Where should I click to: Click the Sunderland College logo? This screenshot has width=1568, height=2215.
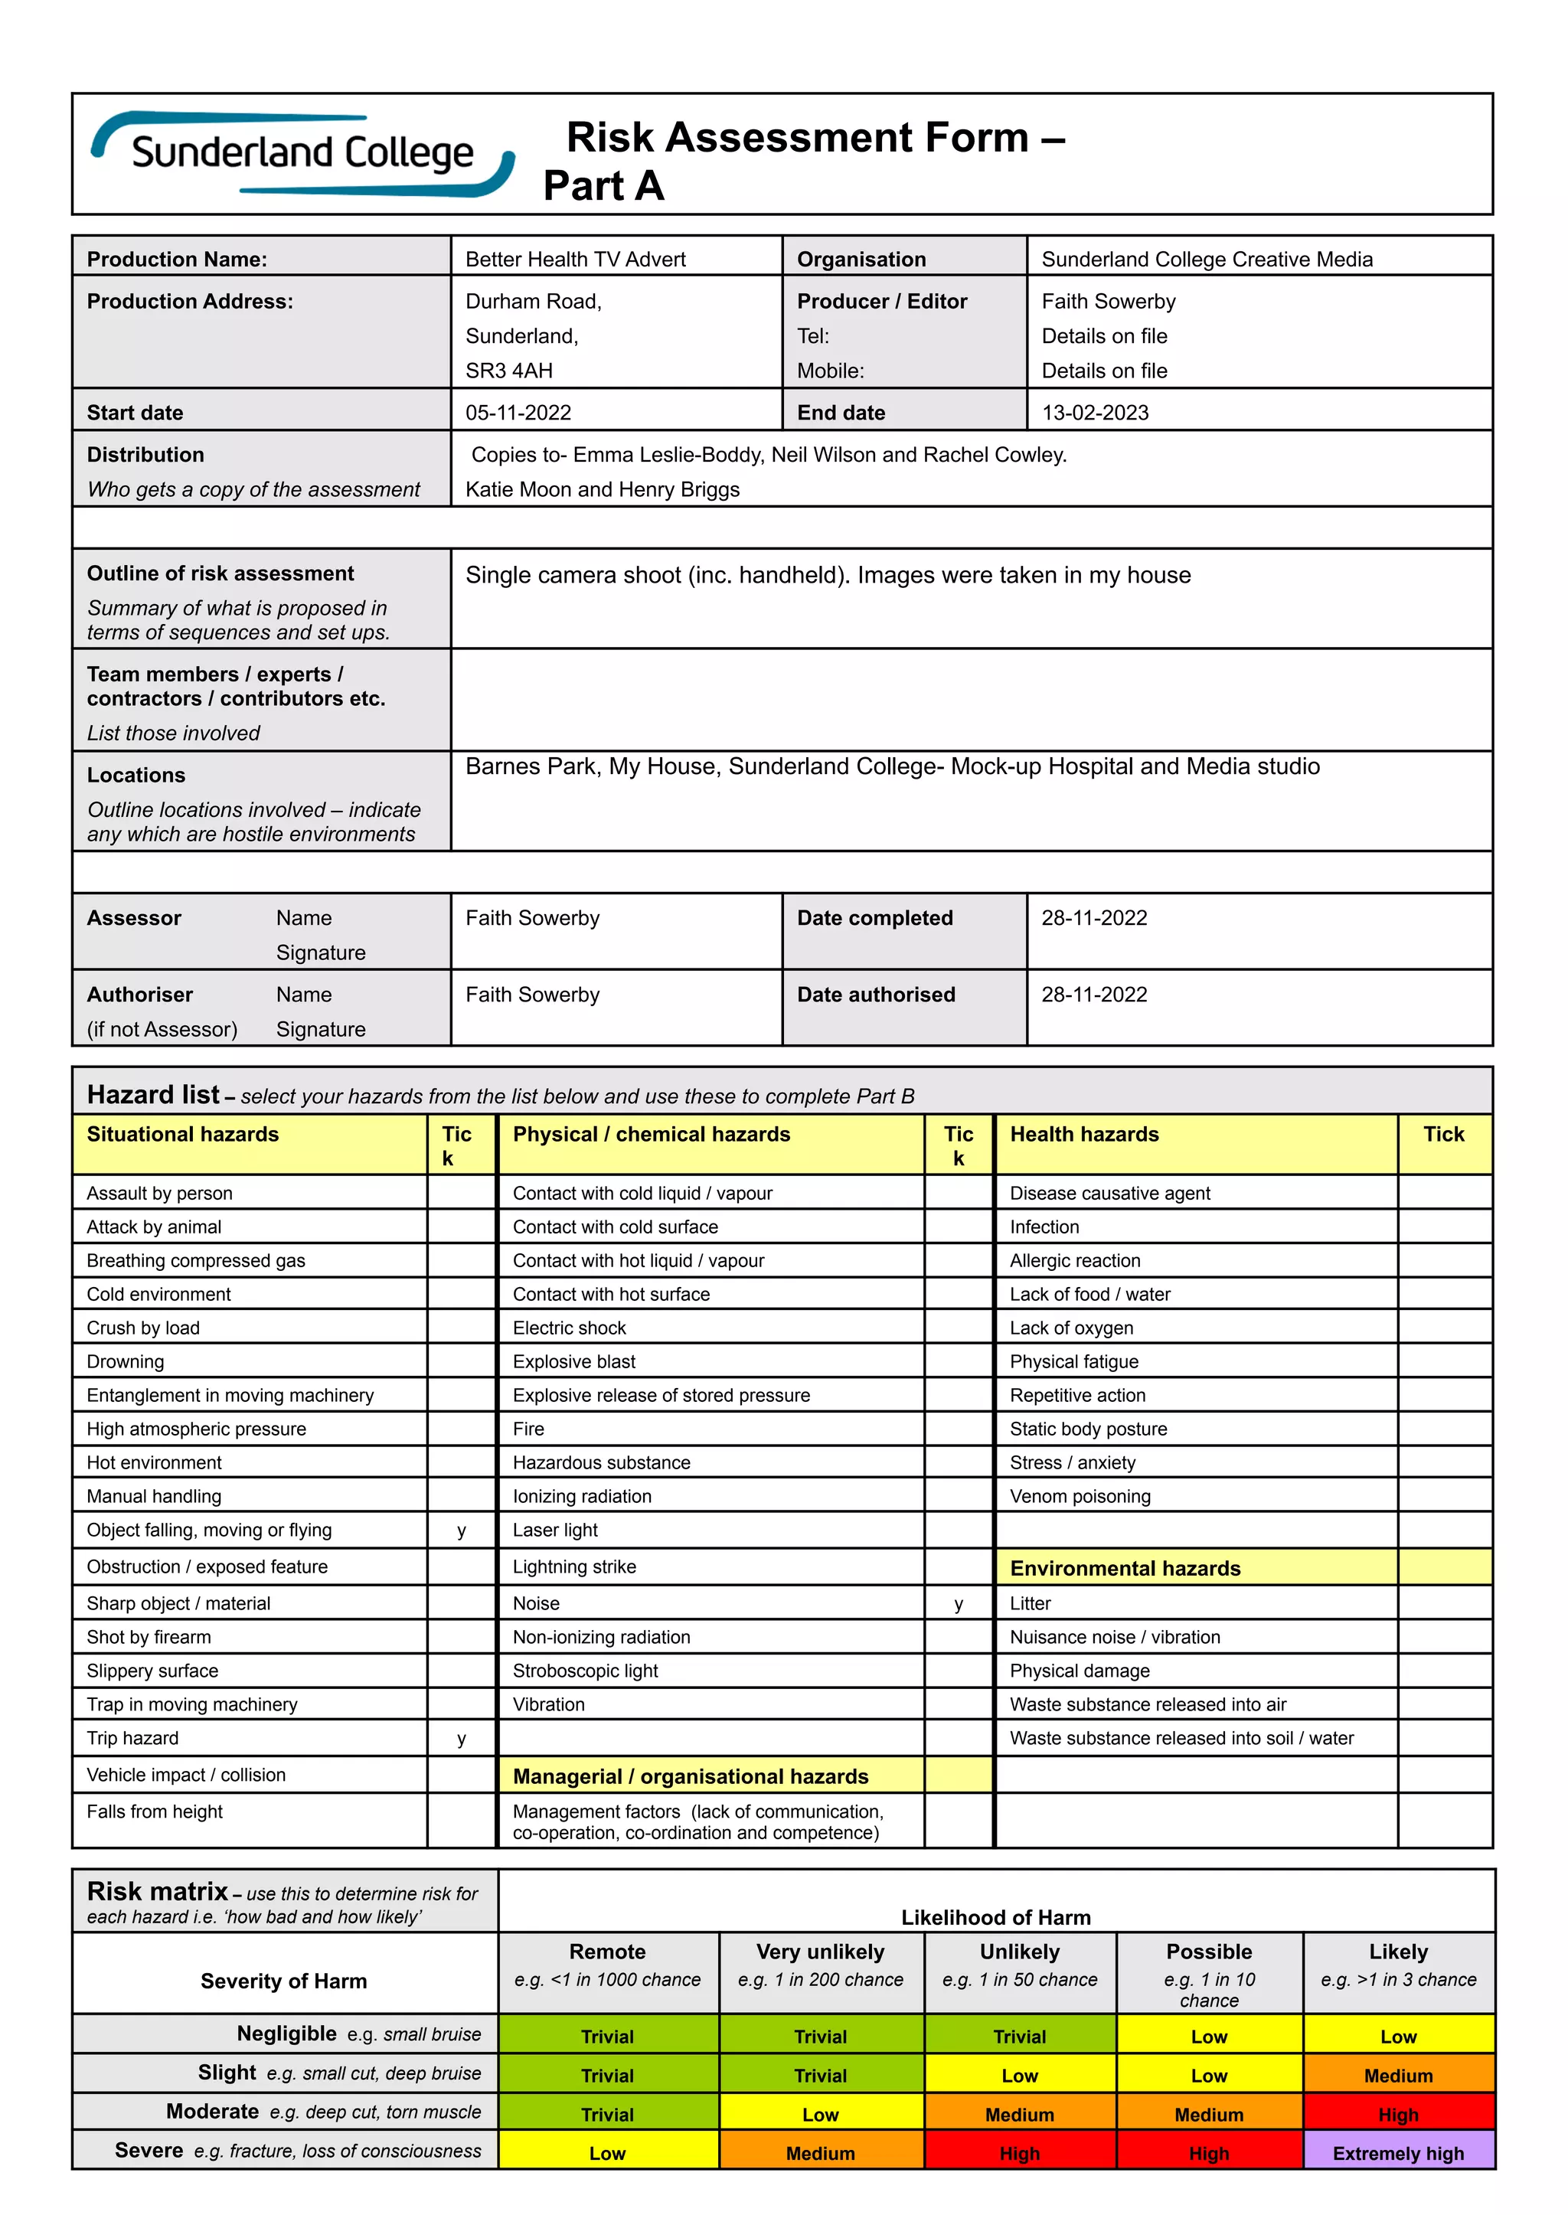pyautogui.click(x=302, y=154)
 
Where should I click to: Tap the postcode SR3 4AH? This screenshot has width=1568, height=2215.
pyautogui.click(x=509, y=371)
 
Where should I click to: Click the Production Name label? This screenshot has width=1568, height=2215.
pyautogui.click(x=177, y=259)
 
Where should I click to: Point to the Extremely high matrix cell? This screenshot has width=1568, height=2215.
pyautogui.click(x=1397, y=2152)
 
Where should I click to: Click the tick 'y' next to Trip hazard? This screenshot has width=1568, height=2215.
pyautogui.click(x=462, y=1738)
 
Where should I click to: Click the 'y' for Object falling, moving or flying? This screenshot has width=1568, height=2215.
pyautogui.click(x=462, y=1531)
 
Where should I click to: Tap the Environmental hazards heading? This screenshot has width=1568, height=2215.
pyautogui.click(x=1125, y=1568)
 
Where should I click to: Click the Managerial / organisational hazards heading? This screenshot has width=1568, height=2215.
pyautogui.click(x=691, y=1776)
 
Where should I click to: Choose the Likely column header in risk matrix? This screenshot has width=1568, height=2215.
pyautogui.click(x=1397, y=1952)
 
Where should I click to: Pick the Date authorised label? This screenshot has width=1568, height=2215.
pyautogui.click(x=876, y=995)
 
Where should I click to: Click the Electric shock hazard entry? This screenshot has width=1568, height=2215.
pyautogui.click(x=569, y=1328)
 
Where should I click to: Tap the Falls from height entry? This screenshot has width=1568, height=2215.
pyautogui.click(x=155, y=1812)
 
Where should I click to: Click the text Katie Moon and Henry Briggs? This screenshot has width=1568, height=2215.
pyautogui.click(x=602, y=489)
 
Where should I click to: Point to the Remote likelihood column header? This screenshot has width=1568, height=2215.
pyautogui.click(x=606, y=1952)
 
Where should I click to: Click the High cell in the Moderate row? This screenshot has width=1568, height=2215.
pyautogui.click(x=1397, y=2115)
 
